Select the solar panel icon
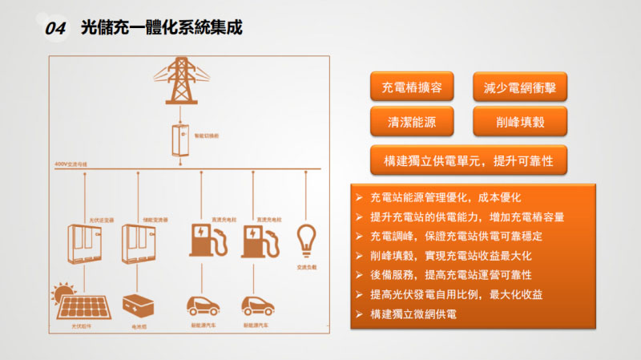[x=77, y=304]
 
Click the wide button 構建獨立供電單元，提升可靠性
[x=468, y=160]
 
